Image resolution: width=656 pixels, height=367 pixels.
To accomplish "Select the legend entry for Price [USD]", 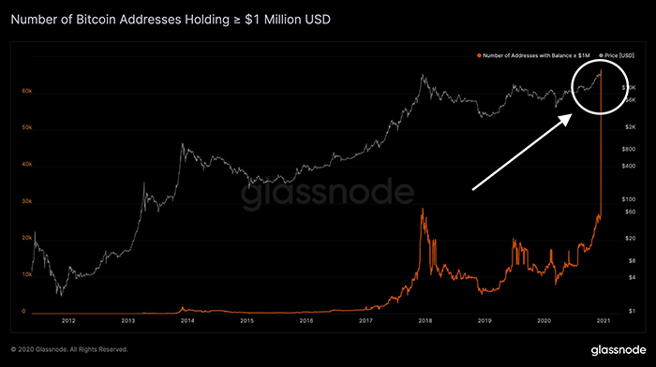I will tap(619, 58).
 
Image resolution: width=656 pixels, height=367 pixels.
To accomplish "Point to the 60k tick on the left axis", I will tap(27, 91).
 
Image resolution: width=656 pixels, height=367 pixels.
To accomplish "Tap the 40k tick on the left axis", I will tap(27, 165).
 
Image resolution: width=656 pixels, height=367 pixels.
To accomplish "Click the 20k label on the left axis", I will tap(27, 239).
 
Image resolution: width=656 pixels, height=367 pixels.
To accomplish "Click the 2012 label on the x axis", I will tap(68, 320).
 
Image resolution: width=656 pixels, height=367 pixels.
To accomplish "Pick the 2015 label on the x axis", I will tap(246, 320).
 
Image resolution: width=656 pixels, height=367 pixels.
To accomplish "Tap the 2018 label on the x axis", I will tap(425, 320).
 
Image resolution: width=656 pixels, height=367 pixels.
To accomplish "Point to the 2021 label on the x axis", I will tap(604, 320).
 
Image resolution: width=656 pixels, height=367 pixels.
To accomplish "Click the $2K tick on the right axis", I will tap(630, 125).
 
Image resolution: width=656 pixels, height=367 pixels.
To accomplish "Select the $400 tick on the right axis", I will tap(630, 166).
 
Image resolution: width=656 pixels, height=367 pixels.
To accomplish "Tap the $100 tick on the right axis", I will tap(630, 199).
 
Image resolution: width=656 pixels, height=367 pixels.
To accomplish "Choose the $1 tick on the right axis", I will tap(630, 311).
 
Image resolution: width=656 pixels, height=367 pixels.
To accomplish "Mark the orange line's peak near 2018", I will tap(424, 209).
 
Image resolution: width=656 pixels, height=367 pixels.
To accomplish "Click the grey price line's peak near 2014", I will tap(182, 144).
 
